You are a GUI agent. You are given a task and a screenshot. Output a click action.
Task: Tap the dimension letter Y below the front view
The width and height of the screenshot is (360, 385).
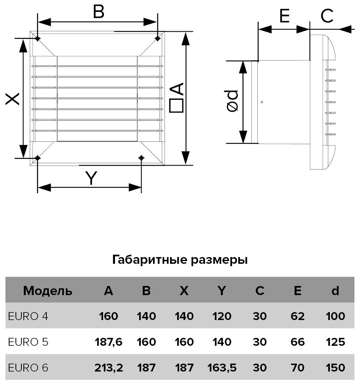point(92,179)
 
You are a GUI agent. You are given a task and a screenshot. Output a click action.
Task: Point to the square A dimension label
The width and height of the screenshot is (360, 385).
point(176,98)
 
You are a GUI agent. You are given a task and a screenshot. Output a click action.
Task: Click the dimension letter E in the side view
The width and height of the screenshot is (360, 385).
point(284,17)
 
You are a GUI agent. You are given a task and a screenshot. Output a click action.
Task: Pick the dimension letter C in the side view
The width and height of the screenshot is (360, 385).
point(327,17)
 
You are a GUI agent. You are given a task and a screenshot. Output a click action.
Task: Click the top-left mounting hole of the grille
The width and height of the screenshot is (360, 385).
point(37,38)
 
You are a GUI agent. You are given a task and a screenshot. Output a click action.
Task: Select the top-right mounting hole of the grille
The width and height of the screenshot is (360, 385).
point(158,38)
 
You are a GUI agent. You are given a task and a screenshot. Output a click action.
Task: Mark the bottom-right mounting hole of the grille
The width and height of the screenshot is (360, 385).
point(141,158)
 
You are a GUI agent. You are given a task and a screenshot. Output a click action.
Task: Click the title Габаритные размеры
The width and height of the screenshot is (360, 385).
point(180,260)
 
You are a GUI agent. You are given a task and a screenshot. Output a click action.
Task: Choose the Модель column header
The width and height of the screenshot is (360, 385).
point(48,291)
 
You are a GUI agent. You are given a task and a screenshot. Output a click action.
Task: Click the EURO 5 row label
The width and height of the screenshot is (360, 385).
point(28,342)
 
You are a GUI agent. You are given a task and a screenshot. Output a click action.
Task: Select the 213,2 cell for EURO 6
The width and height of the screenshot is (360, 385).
point(109,368)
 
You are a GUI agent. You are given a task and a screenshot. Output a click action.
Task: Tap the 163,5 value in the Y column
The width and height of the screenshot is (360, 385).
point(222,368)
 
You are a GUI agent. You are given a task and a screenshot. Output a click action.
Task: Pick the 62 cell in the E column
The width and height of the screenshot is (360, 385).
point(297,316)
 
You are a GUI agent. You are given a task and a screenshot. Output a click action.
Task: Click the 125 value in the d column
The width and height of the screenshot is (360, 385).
point(335,342)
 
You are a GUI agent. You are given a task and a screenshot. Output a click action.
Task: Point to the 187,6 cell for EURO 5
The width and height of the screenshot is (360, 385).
point(109,342)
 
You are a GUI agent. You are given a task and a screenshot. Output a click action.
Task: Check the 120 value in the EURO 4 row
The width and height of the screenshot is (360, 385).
point(222,316)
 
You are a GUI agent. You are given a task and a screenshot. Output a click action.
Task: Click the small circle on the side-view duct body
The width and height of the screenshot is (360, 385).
point(262,102)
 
